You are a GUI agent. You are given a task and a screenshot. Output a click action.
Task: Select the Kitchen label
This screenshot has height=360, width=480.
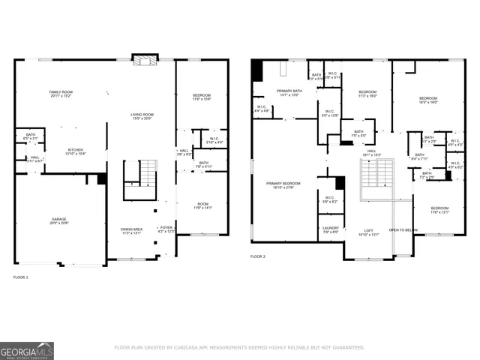tap(75, 151)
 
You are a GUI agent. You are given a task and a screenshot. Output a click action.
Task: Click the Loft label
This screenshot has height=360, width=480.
tap(369, 232)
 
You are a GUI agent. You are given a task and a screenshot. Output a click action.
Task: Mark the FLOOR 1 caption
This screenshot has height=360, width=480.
tap(21, 277)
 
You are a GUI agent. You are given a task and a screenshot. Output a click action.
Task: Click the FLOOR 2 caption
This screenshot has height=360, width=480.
tap(258, 256)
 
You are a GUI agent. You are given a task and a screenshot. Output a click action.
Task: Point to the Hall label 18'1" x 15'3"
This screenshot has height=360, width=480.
tap(371, 152)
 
